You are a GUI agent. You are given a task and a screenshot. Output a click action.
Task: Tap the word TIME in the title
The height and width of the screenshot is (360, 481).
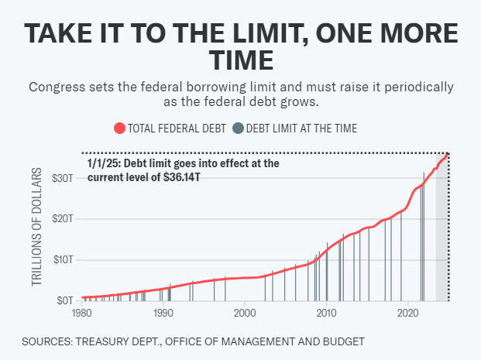(240, 60)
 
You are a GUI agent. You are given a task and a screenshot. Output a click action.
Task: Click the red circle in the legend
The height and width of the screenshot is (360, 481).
(119, 129)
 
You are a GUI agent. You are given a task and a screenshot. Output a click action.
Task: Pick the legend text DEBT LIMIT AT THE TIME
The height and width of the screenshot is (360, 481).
(301, 129)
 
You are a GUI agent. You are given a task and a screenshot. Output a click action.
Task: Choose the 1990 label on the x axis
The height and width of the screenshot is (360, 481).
(163, 313)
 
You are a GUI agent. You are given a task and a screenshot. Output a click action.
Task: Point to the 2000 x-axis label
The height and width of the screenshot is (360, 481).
(244, 313)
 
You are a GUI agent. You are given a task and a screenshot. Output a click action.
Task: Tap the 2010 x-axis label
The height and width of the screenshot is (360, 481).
(326, 313)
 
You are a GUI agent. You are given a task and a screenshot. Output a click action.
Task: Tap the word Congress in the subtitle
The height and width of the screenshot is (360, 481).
(56, 87)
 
